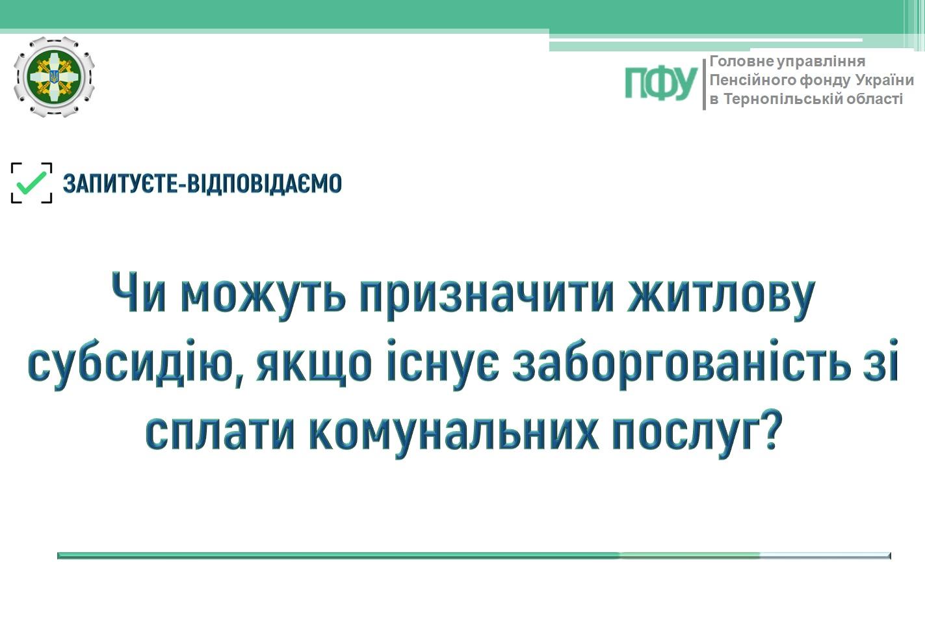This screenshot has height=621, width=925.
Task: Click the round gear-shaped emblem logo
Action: (54, 77)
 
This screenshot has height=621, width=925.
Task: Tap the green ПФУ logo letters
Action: (661, 84)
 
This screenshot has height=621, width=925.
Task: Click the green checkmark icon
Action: (32, 183)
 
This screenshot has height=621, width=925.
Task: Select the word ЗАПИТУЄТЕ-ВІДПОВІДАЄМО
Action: (202, 183)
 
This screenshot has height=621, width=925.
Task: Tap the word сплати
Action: (220, 434)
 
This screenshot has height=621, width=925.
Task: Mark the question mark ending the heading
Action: (769, 430)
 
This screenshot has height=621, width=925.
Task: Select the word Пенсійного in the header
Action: (753, 80)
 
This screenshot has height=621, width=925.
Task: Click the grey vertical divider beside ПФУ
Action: (704, 85)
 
